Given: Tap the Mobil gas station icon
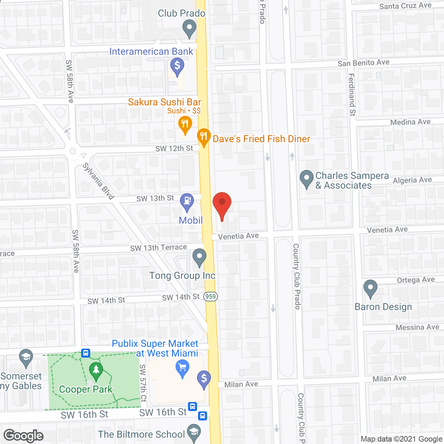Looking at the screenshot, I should pos(187,202).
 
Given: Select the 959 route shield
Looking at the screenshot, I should pos(211,297).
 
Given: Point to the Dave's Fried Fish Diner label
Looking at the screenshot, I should pos(261,139).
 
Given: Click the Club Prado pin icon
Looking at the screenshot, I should pos(189,28).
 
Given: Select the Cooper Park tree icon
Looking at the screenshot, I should pos(96,370).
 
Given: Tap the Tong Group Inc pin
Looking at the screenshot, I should pos(199,257).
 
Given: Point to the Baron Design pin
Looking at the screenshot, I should pos(370,288).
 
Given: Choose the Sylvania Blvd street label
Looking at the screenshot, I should pos(99,181).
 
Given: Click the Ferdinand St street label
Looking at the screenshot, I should pos(352,94).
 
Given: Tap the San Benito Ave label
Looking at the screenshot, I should pos(364,63).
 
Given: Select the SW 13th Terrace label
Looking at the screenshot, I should pos(159,248).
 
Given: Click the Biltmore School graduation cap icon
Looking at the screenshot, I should pos(194,432).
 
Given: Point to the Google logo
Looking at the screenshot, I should pos(23,436).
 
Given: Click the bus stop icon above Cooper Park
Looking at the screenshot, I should pos(86,353).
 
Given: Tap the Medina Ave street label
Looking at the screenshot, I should pos(410,122).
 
